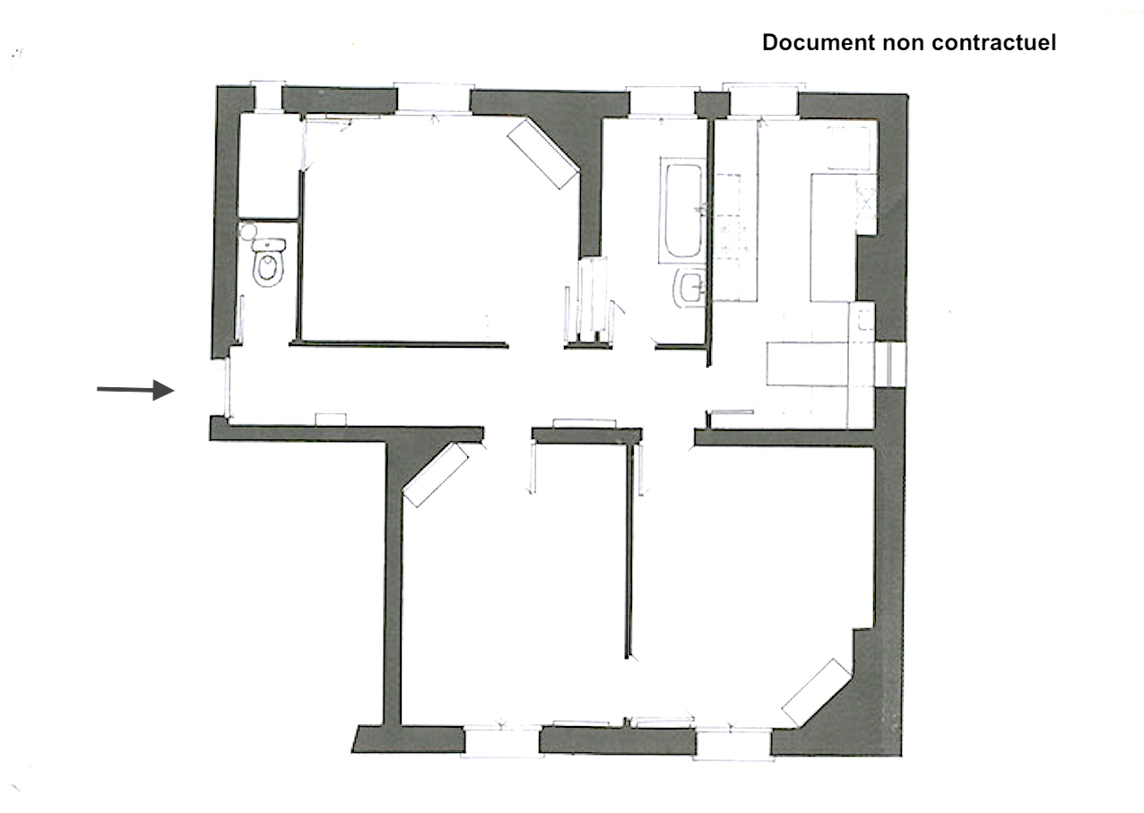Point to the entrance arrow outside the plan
pyautogui.click(x=134, y=389)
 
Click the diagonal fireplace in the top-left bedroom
pyautogui.click(x=543, y=154)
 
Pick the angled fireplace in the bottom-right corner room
pyautogui.click(x=816, y=692)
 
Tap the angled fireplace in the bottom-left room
pyautogui.click(x=437, y=474)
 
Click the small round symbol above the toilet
pyautogui.click(x=247, y=231)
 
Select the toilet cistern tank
pyautogui.click(x=268, y=244)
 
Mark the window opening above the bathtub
pyautogui.click(x=662, y=99)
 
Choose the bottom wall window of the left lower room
pyautogui.click(x=501, y=742)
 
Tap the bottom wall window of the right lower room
pyautogui.click(x=732, y=744)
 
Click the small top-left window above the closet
pyautogui.click(x=266, y=96)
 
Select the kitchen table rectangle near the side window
pyautogui.click(x=807, y=363)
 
